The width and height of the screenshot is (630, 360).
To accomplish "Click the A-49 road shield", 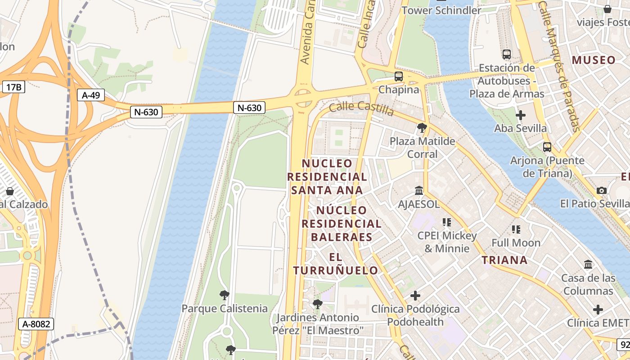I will click(x=91, y=95).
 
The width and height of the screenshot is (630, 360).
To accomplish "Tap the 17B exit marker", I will click(x=13, y=87).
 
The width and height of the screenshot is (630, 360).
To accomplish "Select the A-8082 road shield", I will click(x=36, y=324).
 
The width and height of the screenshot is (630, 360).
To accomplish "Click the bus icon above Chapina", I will click(x=398, y=76).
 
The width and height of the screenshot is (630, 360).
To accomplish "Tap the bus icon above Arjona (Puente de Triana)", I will click(x=547, y=147).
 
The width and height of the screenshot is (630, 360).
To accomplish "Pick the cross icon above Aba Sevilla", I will click(x=521, y=115).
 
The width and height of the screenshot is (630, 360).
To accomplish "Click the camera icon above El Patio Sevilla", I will click(x=602, y=191).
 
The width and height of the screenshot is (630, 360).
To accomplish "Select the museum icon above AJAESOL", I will click(x=419, y=191).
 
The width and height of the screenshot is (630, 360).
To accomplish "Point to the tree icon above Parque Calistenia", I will click(x=224, y=296).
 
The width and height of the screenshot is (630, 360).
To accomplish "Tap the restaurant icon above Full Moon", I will click(x=516, y=229).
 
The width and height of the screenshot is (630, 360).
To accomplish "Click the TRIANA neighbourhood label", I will click(x=504, y=260).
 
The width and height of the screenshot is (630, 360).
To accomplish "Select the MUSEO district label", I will click(x=594, y=60).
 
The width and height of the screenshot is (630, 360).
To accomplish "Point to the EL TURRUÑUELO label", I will click(x=336, y=264).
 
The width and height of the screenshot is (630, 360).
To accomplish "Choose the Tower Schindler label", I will click(x=441, y=10).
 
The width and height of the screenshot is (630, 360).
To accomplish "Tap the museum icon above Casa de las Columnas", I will click(x=588, y=265).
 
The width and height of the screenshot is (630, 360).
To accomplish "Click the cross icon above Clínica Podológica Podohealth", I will click(x=415, y=296).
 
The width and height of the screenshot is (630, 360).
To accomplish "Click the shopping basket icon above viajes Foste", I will click(x=607, y=9).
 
